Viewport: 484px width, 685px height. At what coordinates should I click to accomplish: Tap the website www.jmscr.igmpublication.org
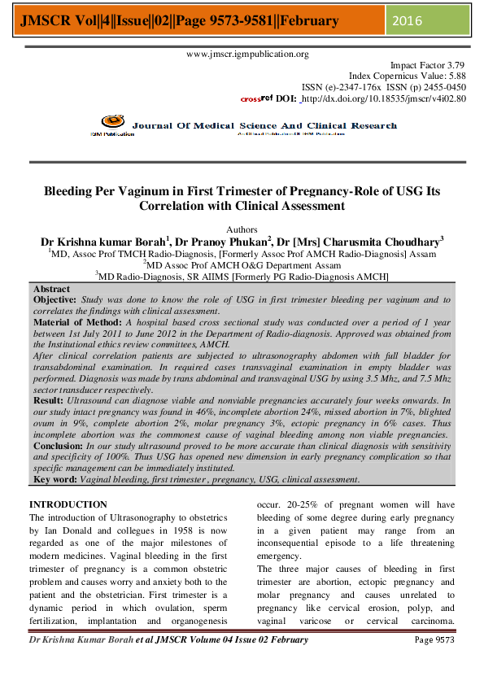(247, 55)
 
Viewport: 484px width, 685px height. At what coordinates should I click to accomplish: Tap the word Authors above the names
(242, 229)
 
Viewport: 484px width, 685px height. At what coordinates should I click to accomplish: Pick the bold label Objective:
(55, 299)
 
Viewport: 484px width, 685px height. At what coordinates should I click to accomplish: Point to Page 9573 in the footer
(435, 639)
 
